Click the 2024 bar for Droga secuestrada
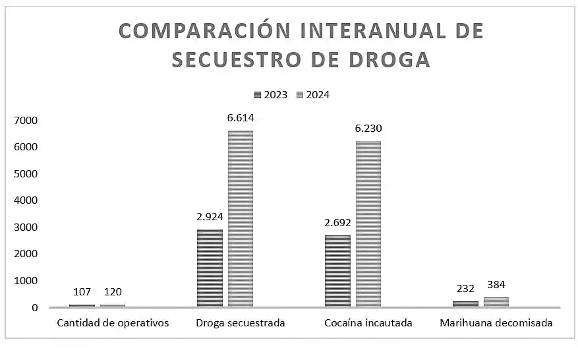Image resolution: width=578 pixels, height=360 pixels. tap(240, 218)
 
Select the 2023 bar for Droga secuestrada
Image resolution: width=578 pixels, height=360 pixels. tap(210, 268)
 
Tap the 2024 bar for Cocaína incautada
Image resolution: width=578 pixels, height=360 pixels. tap(368, 224)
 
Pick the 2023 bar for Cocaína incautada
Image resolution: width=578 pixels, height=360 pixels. tap(337, 271)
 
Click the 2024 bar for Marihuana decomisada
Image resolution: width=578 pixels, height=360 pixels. tap(496, 302)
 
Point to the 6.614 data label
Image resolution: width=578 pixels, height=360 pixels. tap(241, 118)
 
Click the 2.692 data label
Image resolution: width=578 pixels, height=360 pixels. tap(337, 222)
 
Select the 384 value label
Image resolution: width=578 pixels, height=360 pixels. tap(496, 285)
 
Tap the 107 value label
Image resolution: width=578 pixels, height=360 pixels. tap(82, 291)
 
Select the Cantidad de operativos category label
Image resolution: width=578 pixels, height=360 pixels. tap(113, 323)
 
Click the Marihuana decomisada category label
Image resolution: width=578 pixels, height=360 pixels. tap(496, 323)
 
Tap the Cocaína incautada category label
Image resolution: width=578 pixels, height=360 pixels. tap(368, 323)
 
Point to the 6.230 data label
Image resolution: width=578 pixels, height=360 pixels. tap(368, 129)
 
